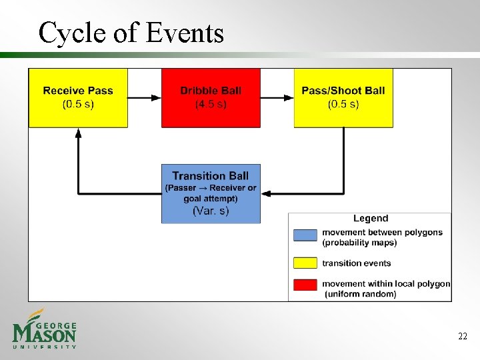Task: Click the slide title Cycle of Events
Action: click(131, 32)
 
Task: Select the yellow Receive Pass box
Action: click(78, 97)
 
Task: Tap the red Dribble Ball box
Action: click(211, 97)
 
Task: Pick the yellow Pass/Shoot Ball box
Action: click(343, 97)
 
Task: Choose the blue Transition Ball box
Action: click(211, 193)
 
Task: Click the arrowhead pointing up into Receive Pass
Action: click(79, 133)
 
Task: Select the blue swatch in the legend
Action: click(305, 235)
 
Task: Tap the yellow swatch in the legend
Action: click(305, 263)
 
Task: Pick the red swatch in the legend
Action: click(305, 285)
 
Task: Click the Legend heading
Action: click(370, 219)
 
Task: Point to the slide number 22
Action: click(462, 337)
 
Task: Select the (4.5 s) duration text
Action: click(211, 104)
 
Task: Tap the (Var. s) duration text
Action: click(211, 211)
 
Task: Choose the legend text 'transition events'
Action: click(356, 263)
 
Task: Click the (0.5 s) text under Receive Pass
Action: click(78, 104)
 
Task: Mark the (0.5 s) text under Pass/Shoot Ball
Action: click(343, 104)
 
